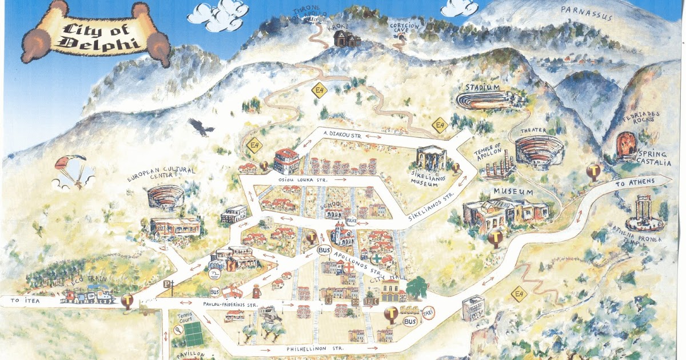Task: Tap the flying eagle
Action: pyautogui.click(x=201, y=126)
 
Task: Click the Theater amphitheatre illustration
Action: pyautogui.click(x=539, y=151)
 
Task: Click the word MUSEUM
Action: pyautogui.click(x=513, y=192)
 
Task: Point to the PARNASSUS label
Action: pyautogui.click(x=587, y=13)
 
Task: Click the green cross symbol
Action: pyautogui.click(x=378, y=257)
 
